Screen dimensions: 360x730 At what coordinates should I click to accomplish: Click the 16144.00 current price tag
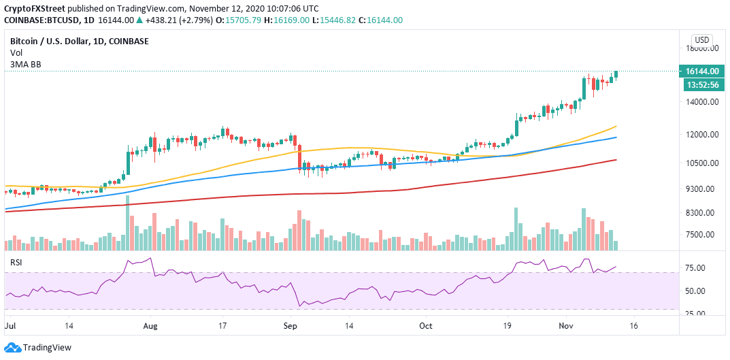point(701,71)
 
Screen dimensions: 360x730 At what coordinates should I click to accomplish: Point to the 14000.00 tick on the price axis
point(701,102)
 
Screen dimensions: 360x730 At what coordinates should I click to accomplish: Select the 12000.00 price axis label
point(701,135)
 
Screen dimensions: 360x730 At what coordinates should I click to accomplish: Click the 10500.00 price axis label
point(701,163)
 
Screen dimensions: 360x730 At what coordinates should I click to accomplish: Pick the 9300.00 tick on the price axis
point(701,189)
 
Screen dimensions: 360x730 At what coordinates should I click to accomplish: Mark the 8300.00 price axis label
point(701,213)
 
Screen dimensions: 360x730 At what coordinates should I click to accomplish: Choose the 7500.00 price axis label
point(701,235)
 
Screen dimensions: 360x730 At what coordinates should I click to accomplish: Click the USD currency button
point(701,39)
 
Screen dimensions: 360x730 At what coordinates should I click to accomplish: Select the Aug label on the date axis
point(150,327)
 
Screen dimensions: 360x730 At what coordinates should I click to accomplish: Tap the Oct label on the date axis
point(426,327)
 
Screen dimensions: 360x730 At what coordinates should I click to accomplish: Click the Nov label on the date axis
point(566,327)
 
